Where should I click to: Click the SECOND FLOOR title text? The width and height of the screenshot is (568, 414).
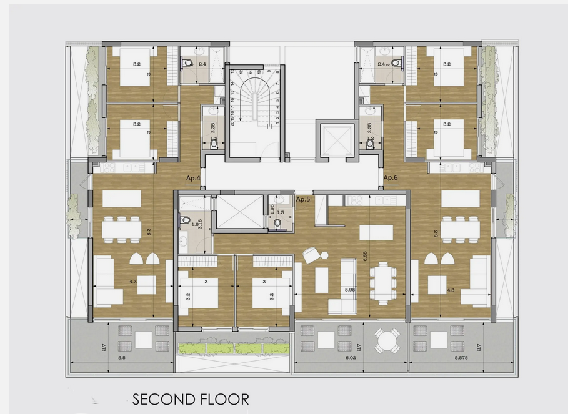[191, 398]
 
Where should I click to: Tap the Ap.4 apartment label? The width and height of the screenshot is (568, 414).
[193, 179]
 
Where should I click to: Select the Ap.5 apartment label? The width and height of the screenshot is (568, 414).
[304, 199]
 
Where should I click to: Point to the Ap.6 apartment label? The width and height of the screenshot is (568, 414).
[391, 177]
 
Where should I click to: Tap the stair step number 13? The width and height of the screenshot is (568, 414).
[232, 72]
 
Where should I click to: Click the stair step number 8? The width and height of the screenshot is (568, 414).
[277, 72]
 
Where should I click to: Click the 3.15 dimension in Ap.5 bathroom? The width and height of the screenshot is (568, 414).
[199, 224]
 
